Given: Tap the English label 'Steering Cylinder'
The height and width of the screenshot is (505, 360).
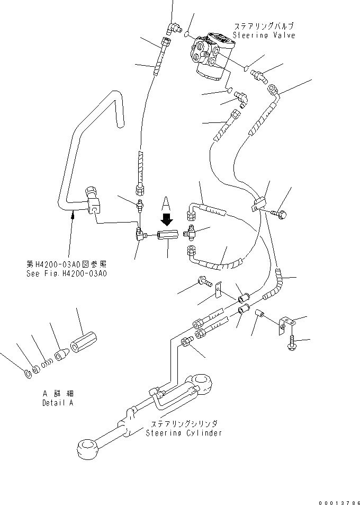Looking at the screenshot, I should (184, 433).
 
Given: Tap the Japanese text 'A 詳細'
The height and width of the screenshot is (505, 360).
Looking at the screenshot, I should (58, 394).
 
